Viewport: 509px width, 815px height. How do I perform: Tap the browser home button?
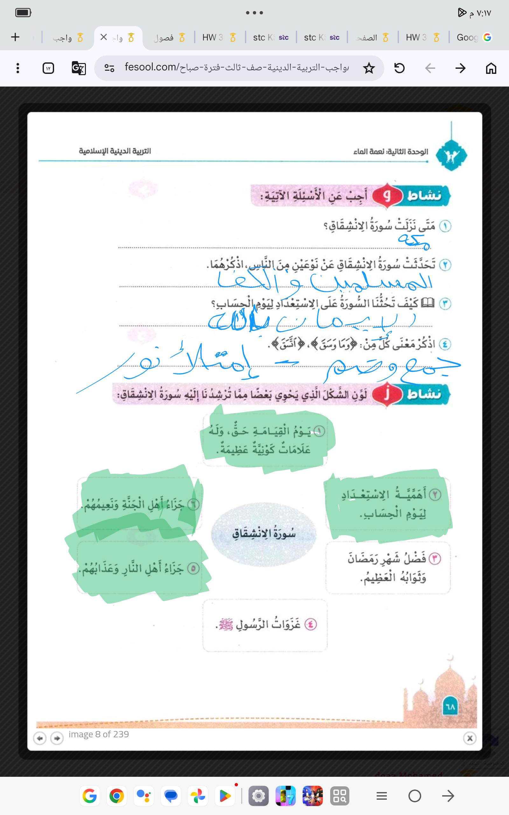(491, 68)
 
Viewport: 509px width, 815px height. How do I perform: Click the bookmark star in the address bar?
(369, 68)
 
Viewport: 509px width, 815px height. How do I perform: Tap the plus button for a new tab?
(15, 37)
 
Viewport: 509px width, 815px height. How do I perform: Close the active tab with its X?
(104, 37)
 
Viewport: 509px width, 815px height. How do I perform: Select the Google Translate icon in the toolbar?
(79, 68)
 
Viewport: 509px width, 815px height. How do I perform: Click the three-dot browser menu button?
(18, 68)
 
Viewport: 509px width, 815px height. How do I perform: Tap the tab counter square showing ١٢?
(48, 68)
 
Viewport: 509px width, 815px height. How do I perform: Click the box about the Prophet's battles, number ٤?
(265, 625)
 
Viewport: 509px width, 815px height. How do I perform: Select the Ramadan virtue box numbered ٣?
(388, 568)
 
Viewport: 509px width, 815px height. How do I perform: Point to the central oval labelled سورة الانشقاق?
(264, 534)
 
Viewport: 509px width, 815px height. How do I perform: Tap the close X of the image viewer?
(470, 739)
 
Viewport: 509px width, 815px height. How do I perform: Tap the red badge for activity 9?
(387, 195)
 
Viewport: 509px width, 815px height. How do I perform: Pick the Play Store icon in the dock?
(225, 796)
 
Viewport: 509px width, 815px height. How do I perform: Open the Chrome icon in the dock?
(116, 796)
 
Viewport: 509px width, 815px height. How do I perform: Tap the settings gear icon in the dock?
(258, 796)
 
